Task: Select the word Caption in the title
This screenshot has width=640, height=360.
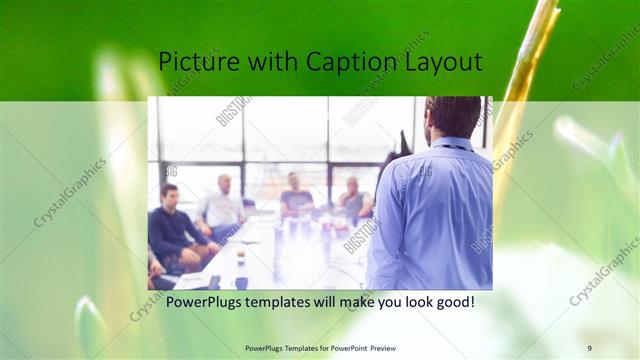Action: [x=356, y=62]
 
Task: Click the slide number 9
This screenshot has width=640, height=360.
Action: [x=589, y=347]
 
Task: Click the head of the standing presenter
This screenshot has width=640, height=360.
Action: [x=452, y=116]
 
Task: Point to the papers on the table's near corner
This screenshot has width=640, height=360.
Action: [x=192, y=280]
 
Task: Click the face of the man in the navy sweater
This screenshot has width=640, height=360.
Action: [x=170, y=194]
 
